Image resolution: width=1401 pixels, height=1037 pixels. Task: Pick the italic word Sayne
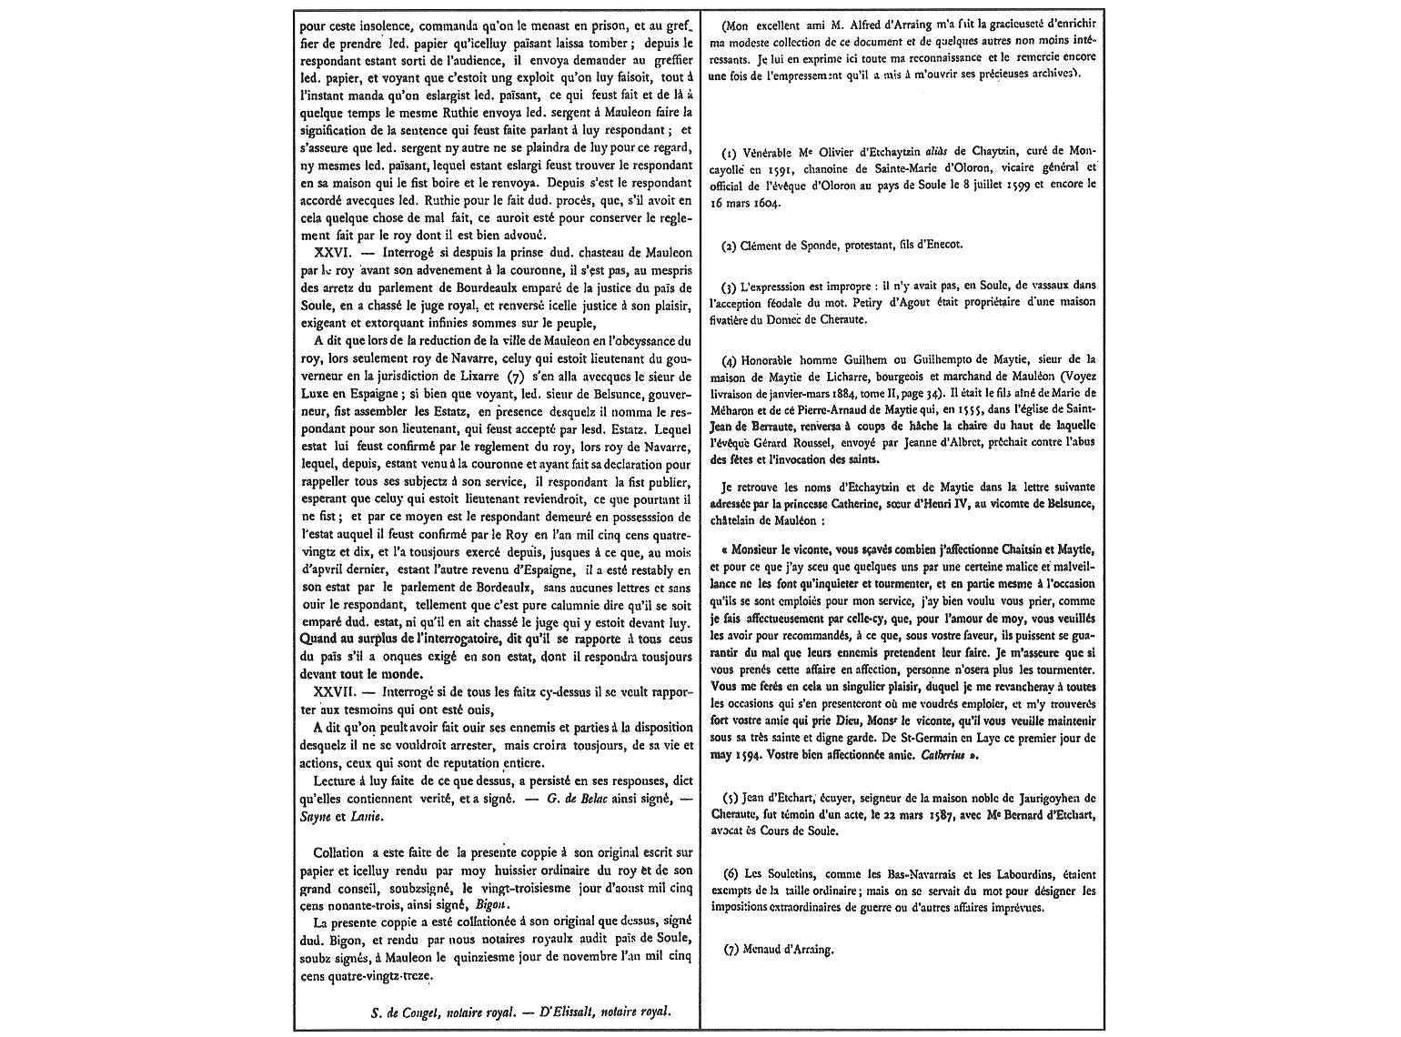pos(315,816)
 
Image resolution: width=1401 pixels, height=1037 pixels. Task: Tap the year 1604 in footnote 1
pos(767,203)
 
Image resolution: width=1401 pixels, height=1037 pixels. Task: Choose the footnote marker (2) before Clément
pos(729,245)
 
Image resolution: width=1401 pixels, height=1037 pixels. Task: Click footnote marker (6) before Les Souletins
pos(729,874)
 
